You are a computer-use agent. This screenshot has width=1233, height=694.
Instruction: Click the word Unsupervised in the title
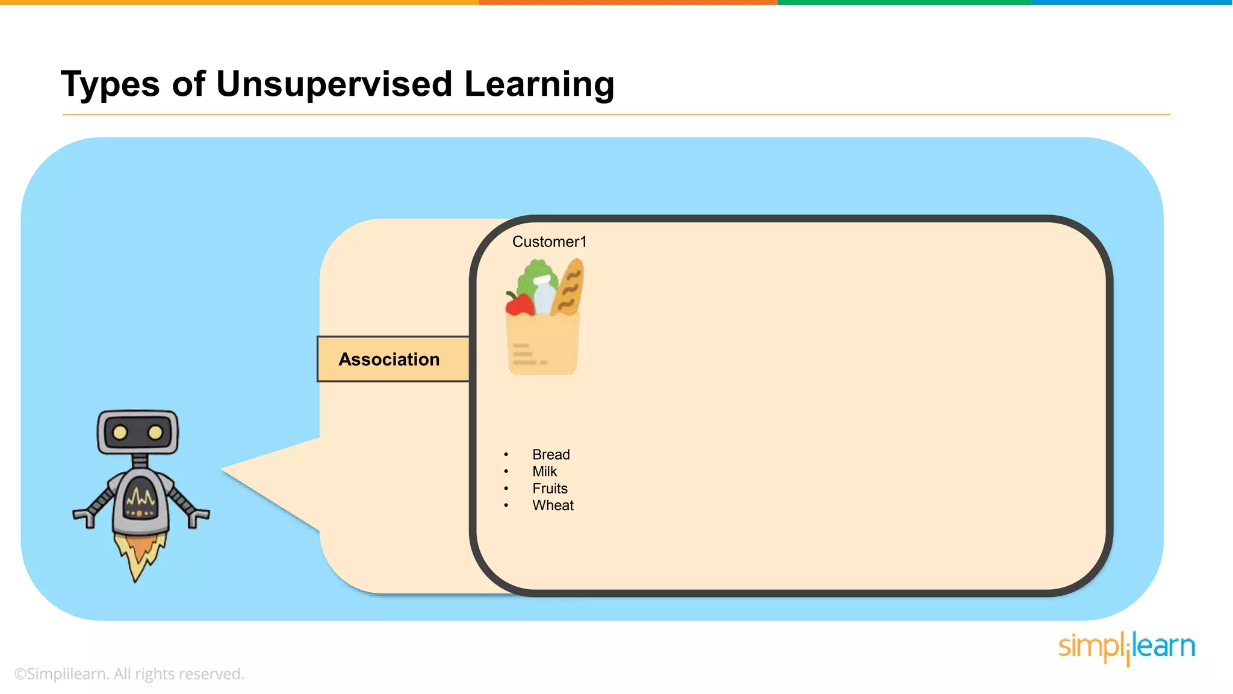[334, 84]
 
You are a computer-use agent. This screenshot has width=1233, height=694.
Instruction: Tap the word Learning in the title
[539, 84]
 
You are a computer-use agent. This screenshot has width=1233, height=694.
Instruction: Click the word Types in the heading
[110, 84]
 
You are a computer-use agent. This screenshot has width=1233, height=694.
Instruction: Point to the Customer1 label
[549, 242]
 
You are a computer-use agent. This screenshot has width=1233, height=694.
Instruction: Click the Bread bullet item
[550, 454]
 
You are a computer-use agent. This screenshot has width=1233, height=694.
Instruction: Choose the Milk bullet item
[544, 471]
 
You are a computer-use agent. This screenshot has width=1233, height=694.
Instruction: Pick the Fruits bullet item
[550, 488]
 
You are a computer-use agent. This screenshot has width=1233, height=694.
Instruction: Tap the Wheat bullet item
[553, 505]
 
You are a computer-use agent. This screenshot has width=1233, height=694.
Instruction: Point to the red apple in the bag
[519, 304]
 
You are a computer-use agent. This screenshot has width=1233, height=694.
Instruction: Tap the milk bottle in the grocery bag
[544, 294]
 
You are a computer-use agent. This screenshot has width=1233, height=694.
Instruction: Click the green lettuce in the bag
[533, 274]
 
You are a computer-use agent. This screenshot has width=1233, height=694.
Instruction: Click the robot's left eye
[120, 432]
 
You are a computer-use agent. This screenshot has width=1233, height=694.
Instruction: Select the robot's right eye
[155, 432]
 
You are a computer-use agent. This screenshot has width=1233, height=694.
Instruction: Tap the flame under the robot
[139, 554]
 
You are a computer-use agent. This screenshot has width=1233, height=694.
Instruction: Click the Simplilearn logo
[1126, 647]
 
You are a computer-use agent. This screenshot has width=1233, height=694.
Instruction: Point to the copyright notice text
[129, 674]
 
